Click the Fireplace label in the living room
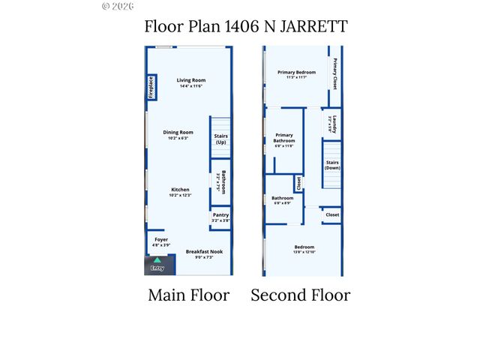[151, 87]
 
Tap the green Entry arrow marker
[157, 260]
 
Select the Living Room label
[191, 80]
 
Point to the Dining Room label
[178, 132]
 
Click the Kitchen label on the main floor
[180, 190]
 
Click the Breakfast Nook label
[205, 251]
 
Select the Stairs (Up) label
[221, 139]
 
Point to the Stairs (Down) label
[332, 165]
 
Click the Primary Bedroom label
[296, 73]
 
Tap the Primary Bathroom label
[284, 138]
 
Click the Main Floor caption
[188, 295]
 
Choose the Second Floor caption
[300, 295]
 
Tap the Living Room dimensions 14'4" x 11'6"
[191, 86]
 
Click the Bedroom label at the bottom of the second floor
[304, 247]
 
